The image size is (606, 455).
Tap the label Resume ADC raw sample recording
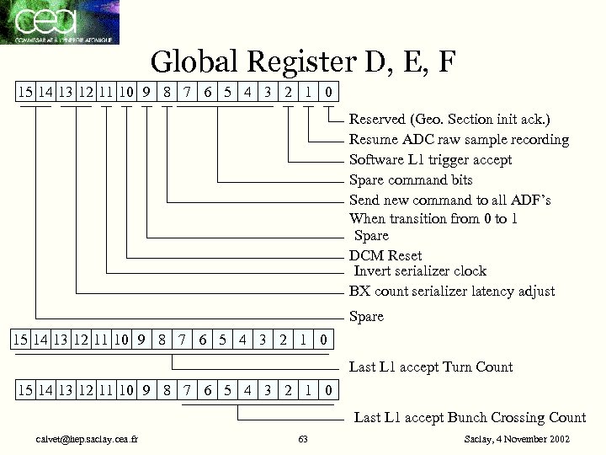coord(459,139)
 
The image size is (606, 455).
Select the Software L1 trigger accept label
coord(430,159)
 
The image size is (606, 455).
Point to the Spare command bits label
coord(411,179)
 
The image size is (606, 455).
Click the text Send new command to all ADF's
coord(450,200)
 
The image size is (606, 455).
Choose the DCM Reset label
coord(385,255)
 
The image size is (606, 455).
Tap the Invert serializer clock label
coord(420,270)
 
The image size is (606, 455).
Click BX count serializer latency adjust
coord(452,291)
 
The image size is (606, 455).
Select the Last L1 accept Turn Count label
coord(431,367)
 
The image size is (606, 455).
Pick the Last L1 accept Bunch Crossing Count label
coord(470,417)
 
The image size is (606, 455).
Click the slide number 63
coord(303,440)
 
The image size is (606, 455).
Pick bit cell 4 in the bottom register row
coord(247,391)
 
